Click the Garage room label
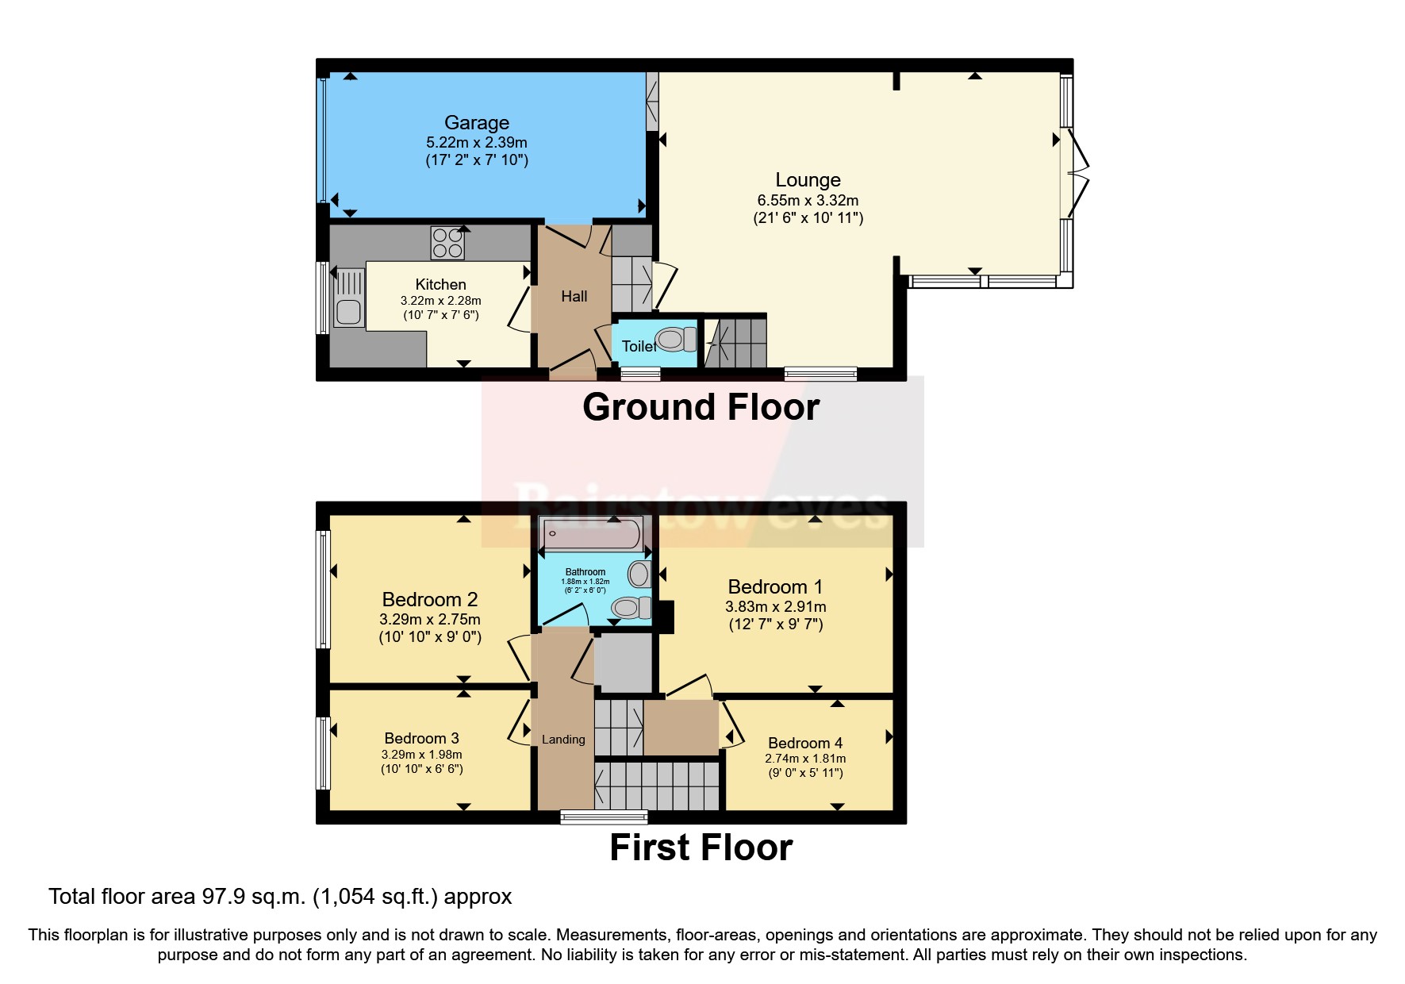coord(476,123)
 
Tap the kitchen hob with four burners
coord(447,243)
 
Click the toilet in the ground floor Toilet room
coord(674,340)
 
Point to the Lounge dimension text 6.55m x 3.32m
coord(808,201)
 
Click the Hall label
coord(574,297)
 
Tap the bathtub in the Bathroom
coord(591,534)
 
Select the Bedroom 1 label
coord(775,587)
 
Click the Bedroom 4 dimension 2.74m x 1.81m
coord(805,759)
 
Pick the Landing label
coord(563,740)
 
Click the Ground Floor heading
coord(701,408)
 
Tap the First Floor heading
coord(701,848)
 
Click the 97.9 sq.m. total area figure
coord(253,897)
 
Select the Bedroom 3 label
coord(421,739)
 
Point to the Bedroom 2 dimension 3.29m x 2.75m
coord(429,620)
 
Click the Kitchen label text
coord(440,285)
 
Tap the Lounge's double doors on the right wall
coord(1077,173)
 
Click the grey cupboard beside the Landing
coord(624,662)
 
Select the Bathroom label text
coord(585,572)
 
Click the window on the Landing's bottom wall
coord(604,817)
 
